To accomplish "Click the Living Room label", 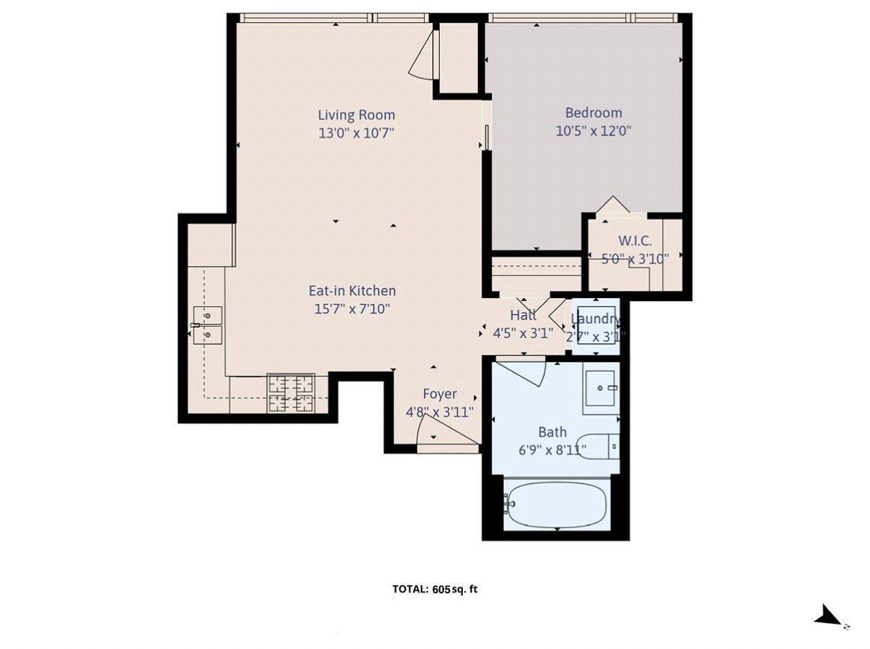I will tap(356, 115).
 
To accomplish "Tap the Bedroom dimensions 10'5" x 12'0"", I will tap(593, 132).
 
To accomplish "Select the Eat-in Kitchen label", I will tap(352, 291).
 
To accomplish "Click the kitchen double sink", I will tap(208, 325).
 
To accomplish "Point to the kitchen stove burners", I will tap(291, 393).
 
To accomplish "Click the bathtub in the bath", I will tap(557, 505).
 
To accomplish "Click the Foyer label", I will tap(440, 394).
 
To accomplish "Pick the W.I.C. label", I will tap(635, 241).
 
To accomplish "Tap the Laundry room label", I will tap(595, 319).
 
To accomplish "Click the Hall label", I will tap(523, 315).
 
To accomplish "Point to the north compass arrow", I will tap(828, 616).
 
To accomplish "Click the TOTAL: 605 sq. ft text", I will tap(435, 590).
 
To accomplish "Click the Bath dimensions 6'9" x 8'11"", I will tap(552, 450).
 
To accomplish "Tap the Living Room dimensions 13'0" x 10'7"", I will tap(356, 133).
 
